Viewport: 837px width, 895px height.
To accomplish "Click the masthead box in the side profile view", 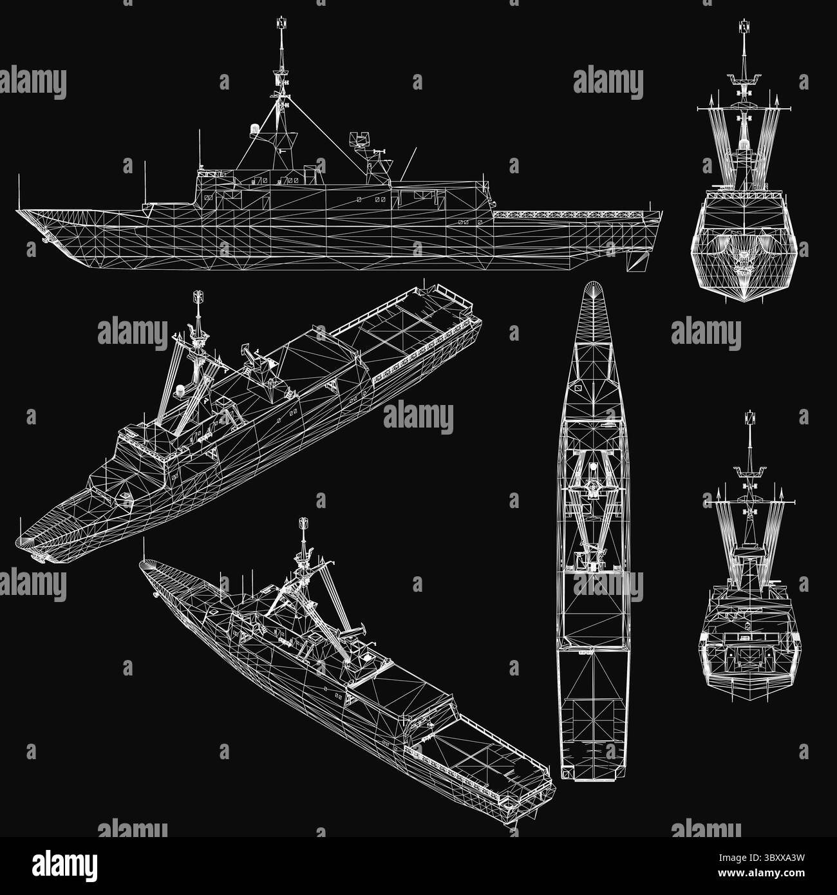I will coord(279,24).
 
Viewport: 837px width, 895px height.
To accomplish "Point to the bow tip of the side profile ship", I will coord(18,210).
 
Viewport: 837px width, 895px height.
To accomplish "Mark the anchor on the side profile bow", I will coord(46,240).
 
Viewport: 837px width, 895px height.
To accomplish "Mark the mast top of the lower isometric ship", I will coord(301,523).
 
